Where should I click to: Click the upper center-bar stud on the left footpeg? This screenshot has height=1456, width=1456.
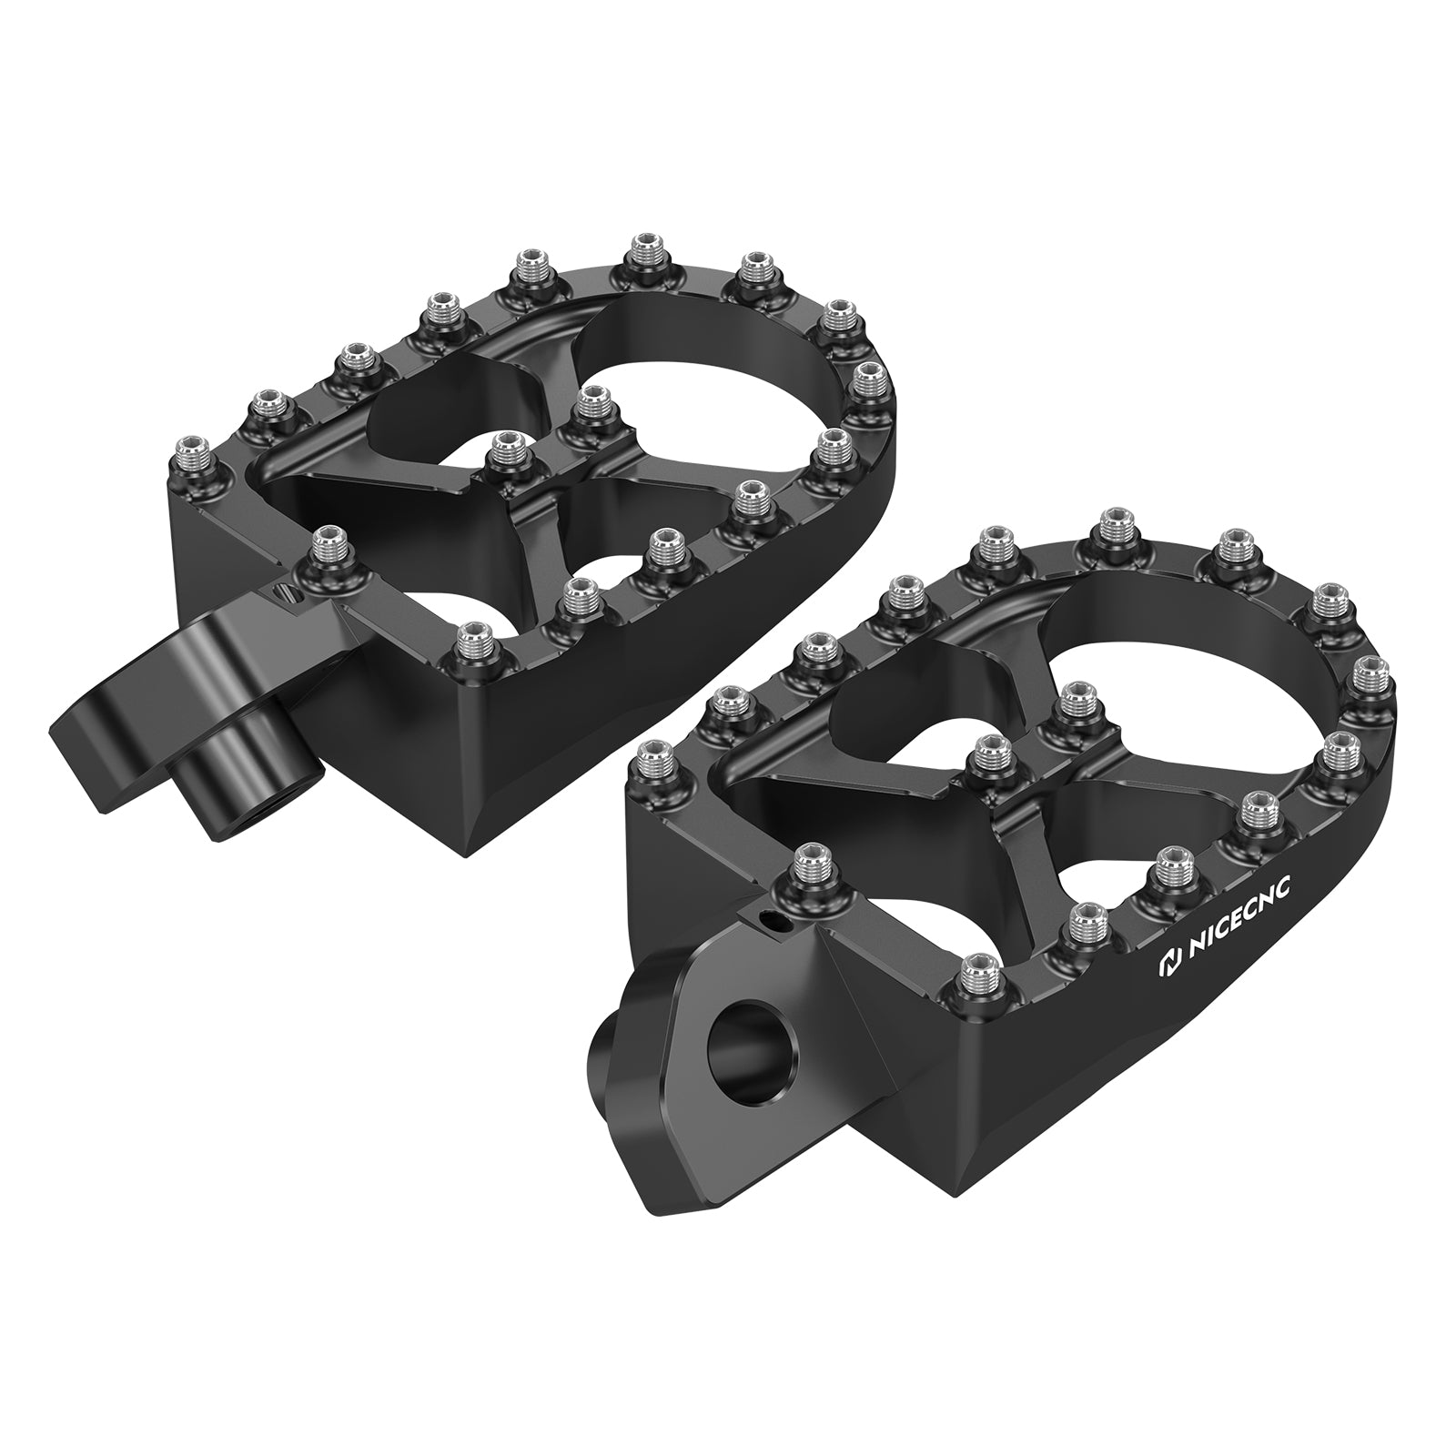tap(592, 400)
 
